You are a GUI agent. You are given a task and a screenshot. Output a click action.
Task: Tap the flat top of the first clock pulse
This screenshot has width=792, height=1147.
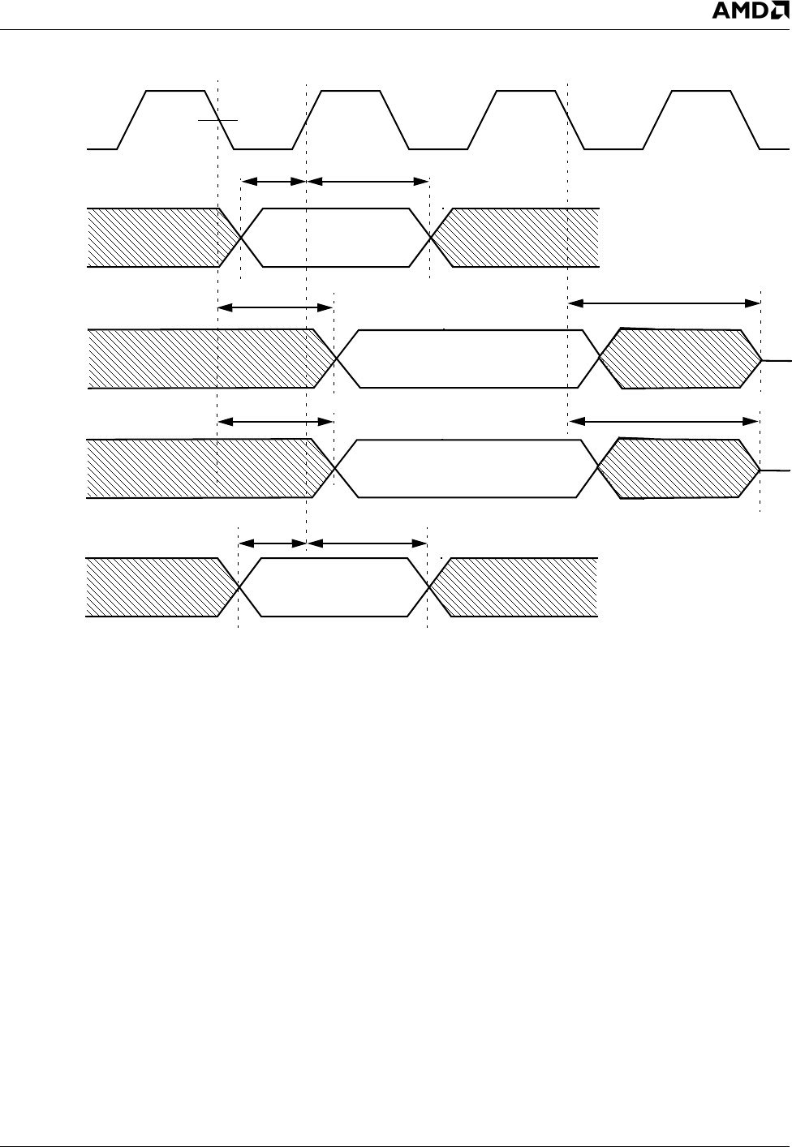point(174,92)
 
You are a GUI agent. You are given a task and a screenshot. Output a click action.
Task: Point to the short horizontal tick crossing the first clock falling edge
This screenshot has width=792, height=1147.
point(218,120)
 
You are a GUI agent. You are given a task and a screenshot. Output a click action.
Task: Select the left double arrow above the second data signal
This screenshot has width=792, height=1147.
point(276,307)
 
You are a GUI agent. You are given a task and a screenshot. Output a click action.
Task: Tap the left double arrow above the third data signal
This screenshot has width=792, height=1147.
point(276,421)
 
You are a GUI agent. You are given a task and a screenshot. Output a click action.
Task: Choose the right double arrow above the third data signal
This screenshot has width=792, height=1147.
point(664,420)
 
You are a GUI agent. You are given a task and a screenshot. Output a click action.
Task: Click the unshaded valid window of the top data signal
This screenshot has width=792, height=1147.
point(336,237)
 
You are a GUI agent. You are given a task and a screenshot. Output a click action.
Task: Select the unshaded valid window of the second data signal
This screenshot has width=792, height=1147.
point(467,359)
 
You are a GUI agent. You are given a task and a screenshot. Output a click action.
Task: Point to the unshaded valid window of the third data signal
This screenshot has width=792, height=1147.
point(467,468)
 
